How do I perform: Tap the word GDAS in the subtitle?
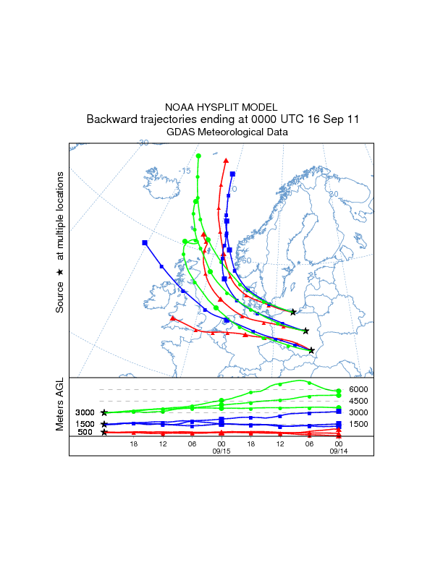181,132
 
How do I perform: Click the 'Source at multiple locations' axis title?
60,242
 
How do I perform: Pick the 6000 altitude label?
359,389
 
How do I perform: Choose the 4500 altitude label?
359,401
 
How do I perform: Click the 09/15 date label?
221,450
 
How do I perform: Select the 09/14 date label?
339,450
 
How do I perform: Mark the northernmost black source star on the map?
293,312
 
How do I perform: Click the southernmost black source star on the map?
311,351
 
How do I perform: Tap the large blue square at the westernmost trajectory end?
145,243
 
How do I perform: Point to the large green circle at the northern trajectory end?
198,156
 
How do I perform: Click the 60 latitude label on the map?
246,260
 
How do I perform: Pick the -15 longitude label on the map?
185,171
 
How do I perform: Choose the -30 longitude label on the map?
143,143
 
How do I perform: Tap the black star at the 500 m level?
104,432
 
